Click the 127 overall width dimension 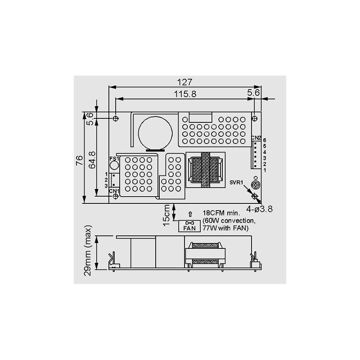pyautogui.click(x=185, y=82)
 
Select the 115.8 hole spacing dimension pyautogui.click(x=185, y=94)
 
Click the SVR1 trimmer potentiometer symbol pyautogui.click(x=255, y=184)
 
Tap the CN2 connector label pyautogui.click(x=256, y=137)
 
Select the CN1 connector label pyautogui.click(x=114, y=191)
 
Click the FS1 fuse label pyautogui.click(x=113, y=158)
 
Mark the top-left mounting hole pyautogui.click(x=116, y=118)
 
